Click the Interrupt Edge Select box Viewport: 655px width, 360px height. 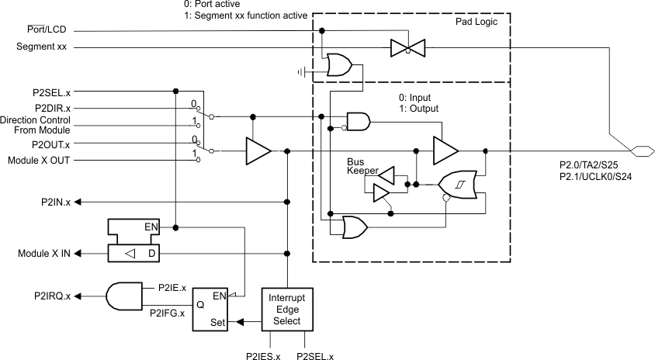click(287, 309)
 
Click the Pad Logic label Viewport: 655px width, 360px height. click(476, 22)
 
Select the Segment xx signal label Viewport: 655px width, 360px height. click(41, 47)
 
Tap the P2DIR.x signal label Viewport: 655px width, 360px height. click(53, 107)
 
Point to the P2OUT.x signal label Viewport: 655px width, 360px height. click(51, 144)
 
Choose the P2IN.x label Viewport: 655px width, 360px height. click(56, 202)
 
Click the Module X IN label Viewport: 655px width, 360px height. click(44, 254)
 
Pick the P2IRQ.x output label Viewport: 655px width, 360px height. click(52, 296)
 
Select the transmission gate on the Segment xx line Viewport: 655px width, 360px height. click(404, 48)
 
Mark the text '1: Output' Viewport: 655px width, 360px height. click(417, 109)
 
